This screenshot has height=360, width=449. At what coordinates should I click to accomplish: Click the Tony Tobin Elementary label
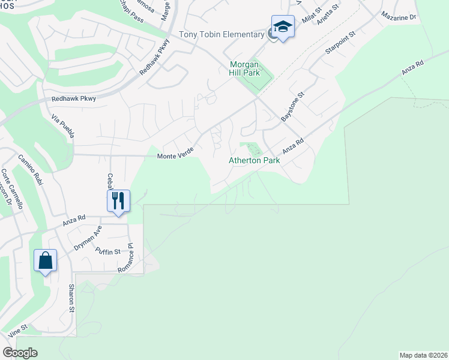(x=223, y=35)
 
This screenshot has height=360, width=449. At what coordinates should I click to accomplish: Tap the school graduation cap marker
(x=283, y=27)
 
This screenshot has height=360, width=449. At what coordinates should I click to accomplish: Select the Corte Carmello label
(x=13, y=188)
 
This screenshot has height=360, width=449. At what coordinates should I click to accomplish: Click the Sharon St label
(x=71, y=298)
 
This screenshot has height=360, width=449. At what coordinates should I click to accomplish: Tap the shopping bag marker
(x=45, y=260)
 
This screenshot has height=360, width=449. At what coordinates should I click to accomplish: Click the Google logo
(x=20, y=353)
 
